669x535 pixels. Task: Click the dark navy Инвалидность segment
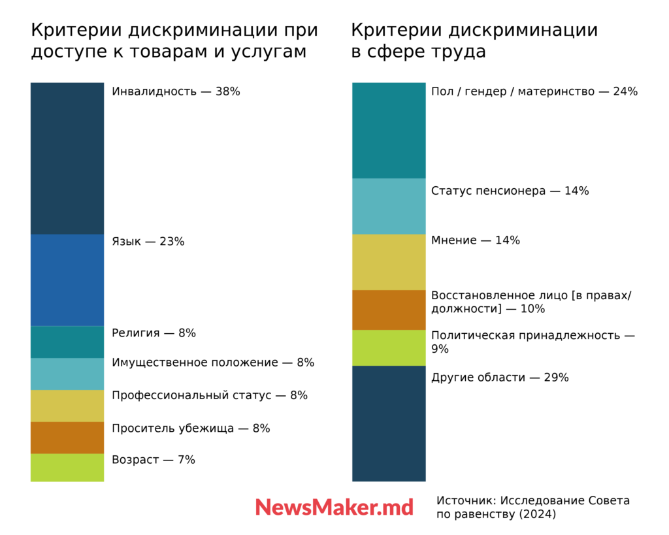(x=67, y=158)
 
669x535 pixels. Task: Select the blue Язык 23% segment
(x=67, y=280)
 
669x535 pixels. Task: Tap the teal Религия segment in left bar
(x=67, y=342)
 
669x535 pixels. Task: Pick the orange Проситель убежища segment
(x=67, y=438)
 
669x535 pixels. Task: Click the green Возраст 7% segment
(x=67, y=467)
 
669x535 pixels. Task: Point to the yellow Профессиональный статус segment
(x=67, y=406)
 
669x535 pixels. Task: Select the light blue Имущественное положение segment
(x=67, y=374)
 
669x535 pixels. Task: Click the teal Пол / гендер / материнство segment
(x=389, y=131)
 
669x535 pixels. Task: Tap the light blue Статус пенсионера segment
(x=389, y=206)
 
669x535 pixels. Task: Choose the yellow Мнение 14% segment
(x=389, y=262)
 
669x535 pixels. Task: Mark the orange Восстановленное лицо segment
(x=389, y=310)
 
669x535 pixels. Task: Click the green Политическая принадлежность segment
(x=389, y=348)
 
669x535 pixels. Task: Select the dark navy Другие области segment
(x=389, y=423)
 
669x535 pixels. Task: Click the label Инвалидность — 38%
(x=176, y=91)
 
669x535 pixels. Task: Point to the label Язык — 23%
(x=148, y=242)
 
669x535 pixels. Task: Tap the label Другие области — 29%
(x=500, y=378)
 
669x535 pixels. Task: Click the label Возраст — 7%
(x=154, y=460)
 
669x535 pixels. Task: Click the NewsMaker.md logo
(x=334, y=508)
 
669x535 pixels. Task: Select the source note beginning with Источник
(x=532, y=508)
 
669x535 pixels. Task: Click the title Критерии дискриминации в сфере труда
(x=474, y=41)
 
